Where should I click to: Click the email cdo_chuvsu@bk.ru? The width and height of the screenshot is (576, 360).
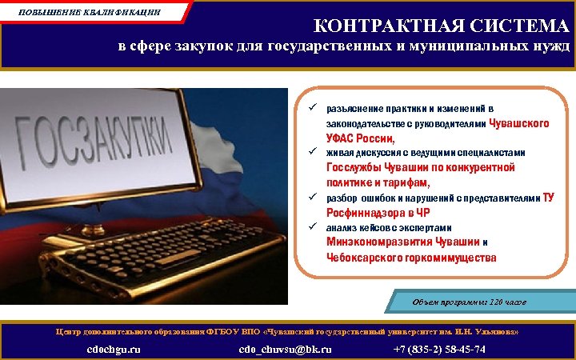click(285, 349)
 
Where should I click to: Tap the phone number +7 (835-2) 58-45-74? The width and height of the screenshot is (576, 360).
click(439, 349)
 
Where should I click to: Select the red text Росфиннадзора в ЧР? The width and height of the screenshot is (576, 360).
click(378, 213)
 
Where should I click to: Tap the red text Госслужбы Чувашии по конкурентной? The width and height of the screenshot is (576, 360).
click(420, 168)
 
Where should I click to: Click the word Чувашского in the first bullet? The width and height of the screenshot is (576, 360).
click(518, 124)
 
